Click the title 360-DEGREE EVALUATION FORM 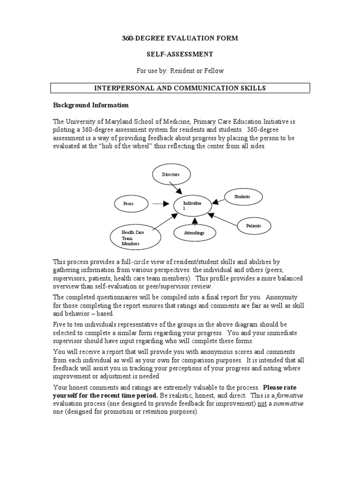(x=180, y=38)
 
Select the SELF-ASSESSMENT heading (x=180, y=54)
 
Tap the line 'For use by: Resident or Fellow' (x=180, y=71)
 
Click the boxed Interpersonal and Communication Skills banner (x=180, y=88)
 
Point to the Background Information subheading (x=90, y=105)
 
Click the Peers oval (x=129, y=204)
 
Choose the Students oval (x=242, y=196)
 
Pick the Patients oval (x=254, y=226)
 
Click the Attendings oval (x=194, y=232)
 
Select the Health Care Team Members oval (x=133, y=238)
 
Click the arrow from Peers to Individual (x=160, y=204)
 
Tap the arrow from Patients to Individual (x=224, y=220)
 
